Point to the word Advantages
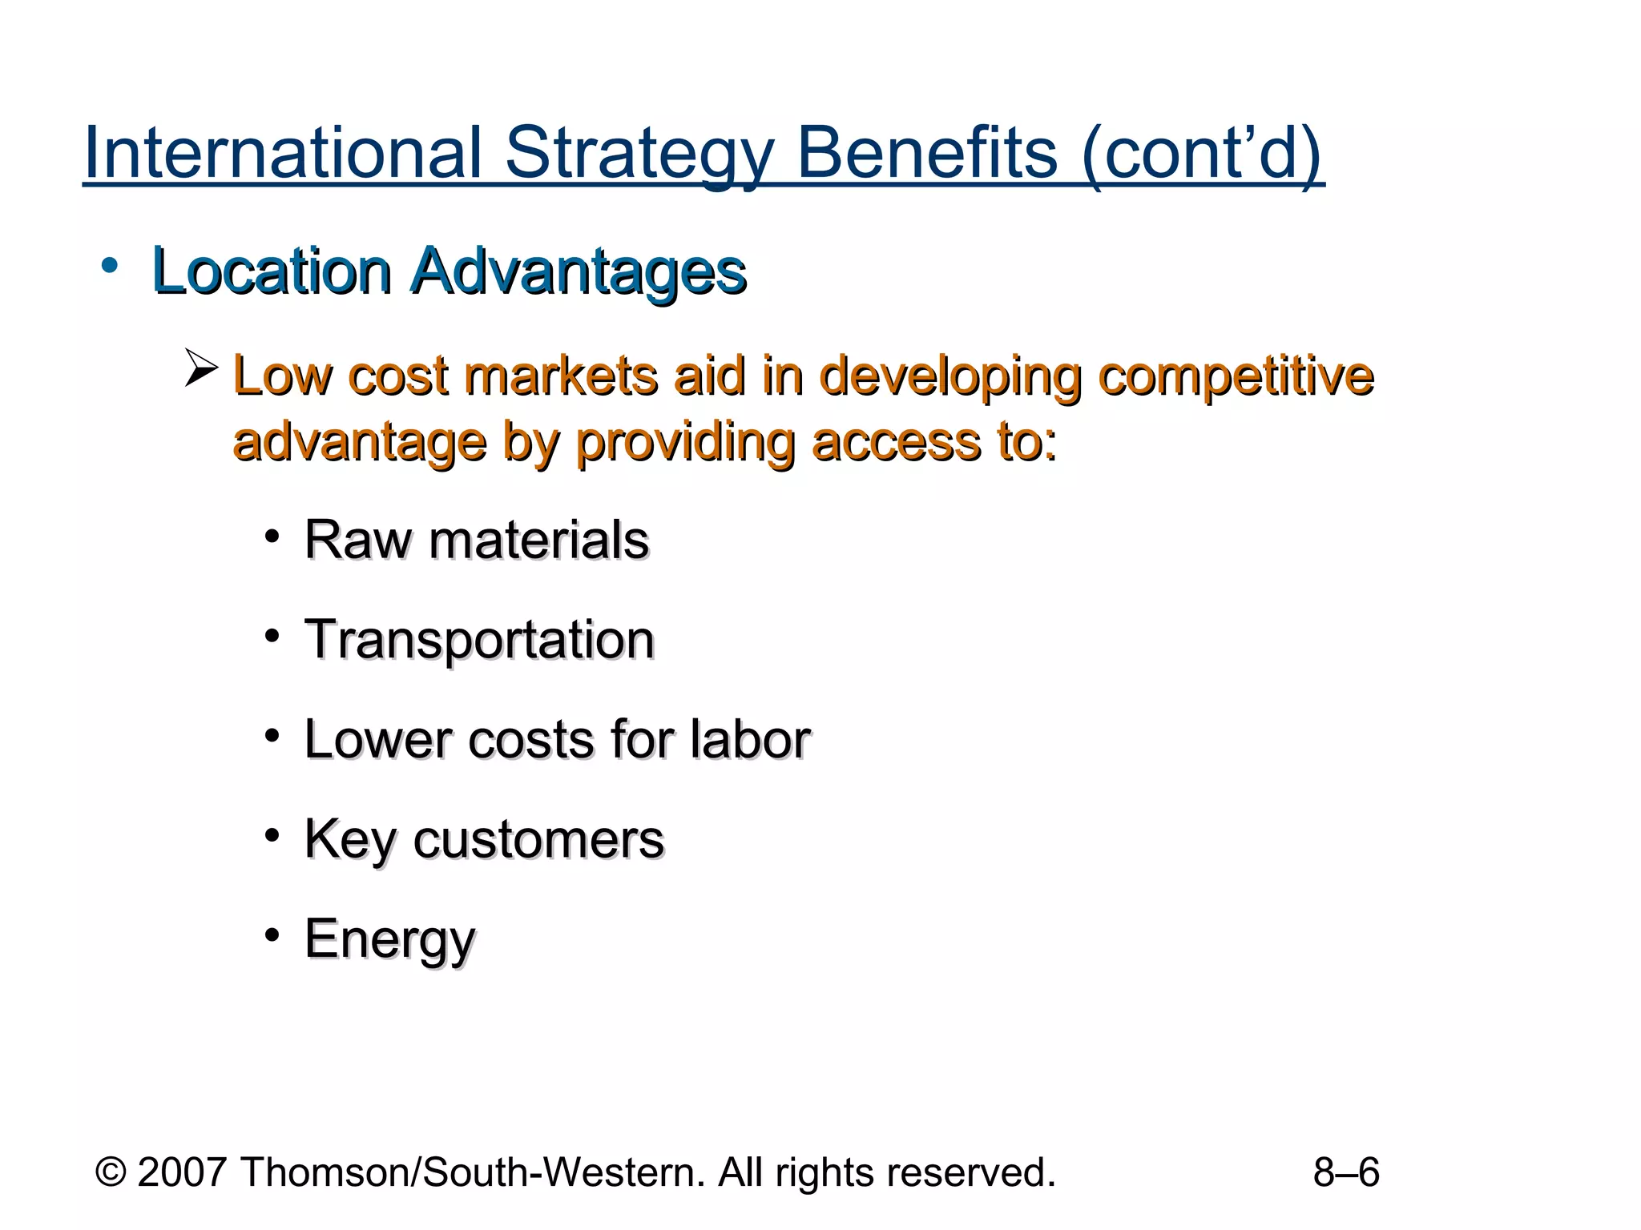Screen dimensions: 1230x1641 click(578, 272)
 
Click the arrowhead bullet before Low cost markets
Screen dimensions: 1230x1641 click(200, 368)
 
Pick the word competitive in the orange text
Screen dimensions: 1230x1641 click(1236, 376)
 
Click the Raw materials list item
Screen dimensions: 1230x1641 click(476, 540)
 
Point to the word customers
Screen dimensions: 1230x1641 click(538, 839)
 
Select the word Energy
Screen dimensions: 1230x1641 click(389, 939)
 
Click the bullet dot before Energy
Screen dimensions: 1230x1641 click(272, 935)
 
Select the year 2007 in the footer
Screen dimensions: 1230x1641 click(183, 1172)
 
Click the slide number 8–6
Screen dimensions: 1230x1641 click(1346, 1172)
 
